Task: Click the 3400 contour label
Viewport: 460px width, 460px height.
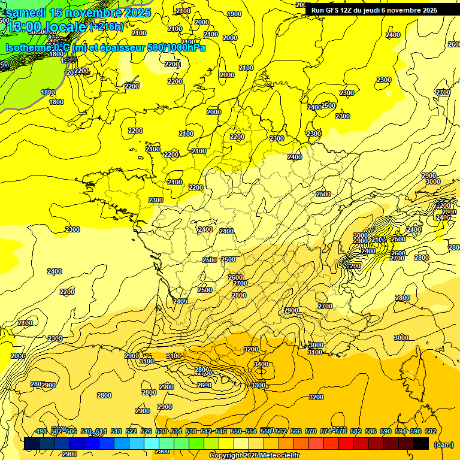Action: [x=261, y=364]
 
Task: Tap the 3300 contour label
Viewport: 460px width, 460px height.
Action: [x=258, y=385]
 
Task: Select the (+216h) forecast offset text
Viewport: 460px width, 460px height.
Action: [x=107, y=27]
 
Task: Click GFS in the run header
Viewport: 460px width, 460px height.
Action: [x=335, y=10]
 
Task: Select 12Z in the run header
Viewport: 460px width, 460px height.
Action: [x=352, y=10]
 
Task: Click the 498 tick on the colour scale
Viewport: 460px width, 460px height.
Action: [x=41, y=431]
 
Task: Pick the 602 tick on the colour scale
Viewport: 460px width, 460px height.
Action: [x=431, y=431]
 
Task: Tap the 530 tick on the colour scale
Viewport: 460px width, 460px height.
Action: [x=161, y=431]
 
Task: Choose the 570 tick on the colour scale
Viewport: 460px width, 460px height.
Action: [x=311, y=431]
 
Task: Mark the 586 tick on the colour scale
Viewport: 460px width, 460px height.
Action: [x=371, y=431]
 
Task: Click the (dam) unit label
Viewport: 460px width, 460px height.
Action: [x=443, y=444]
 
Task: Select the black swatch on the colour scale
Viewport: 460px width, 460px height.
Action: [x=421, y=444]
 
